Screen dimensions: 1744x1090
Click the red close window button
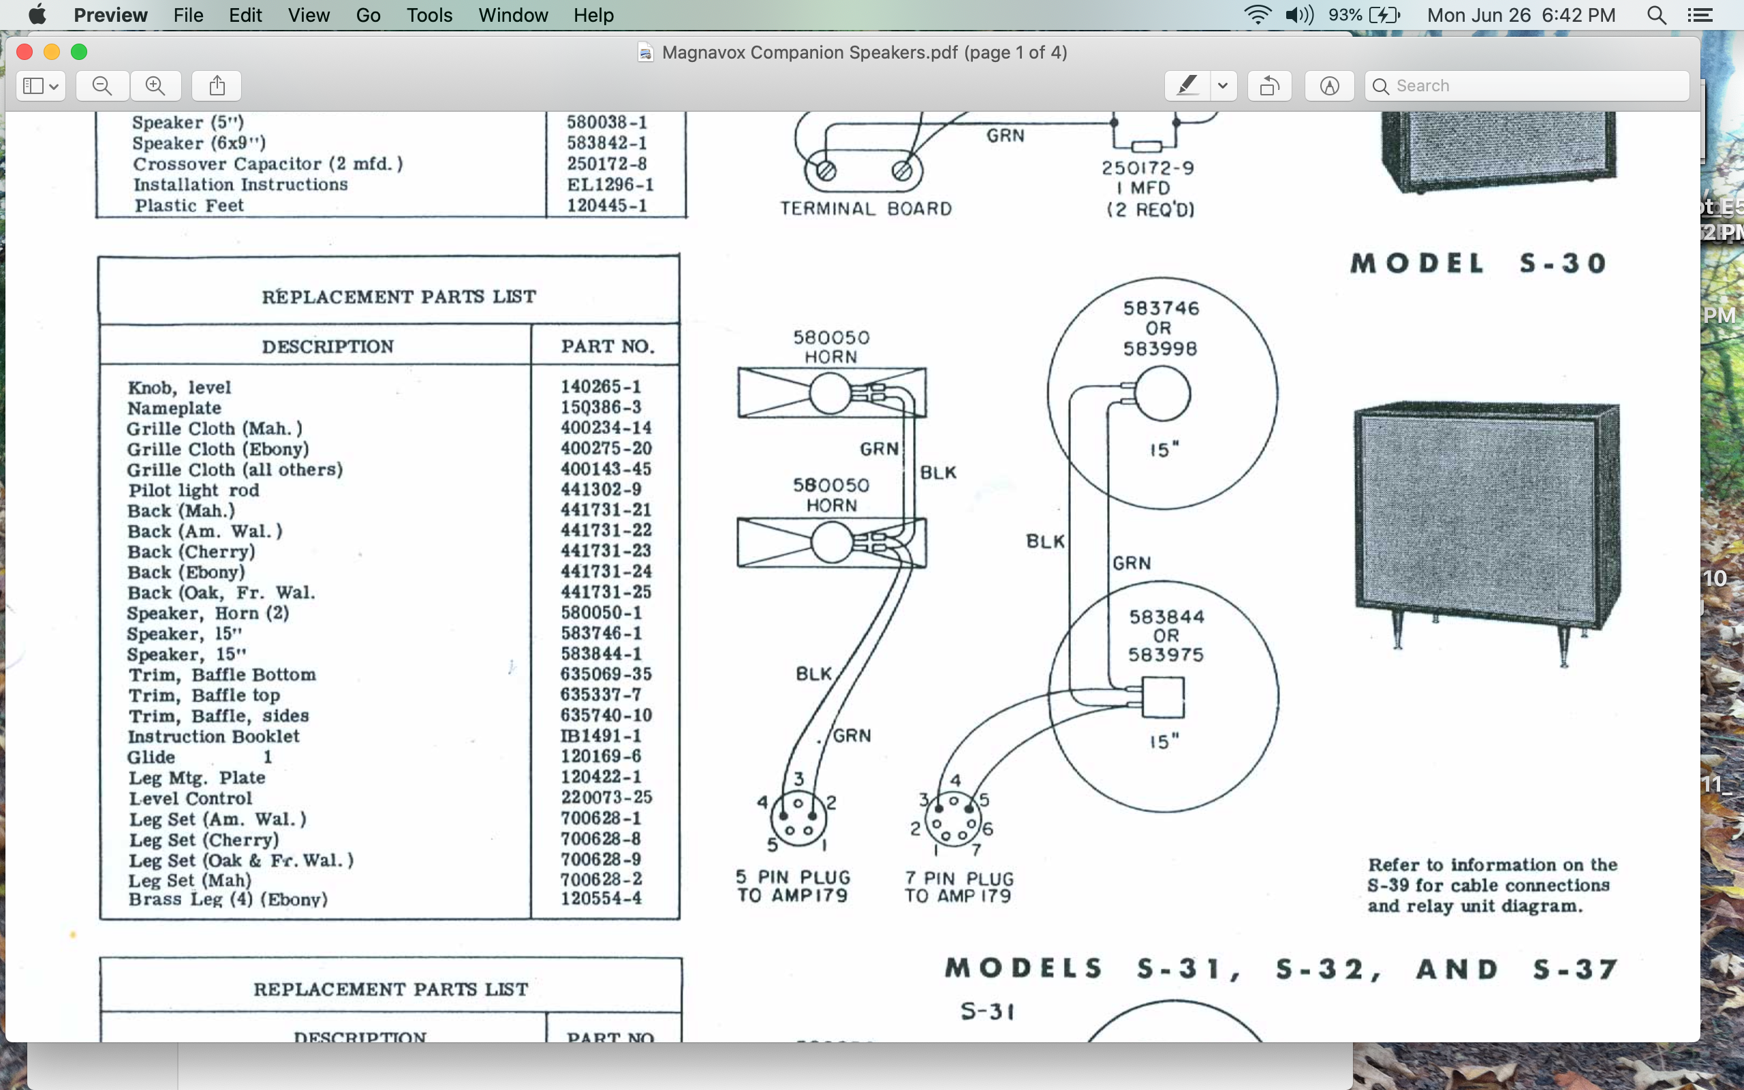click(25, 52)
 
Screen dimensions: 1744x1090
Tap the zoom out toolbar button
click(102, 86)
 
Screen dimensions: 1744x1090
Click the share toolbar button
click(217, 86)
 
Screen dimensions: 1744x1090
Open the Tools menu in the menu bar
click(429, 15)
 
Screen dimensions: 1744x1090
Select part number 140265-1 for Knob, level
click(600, 386)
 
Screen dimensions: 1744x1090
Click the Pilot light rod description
click(193, 490)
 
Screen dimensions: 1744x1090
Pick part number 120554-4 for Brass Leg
click(601, 899)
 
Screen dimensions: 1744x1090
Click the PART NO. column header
click(608, 346)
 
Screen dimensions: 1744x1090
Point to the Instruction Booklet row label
click(213, 736)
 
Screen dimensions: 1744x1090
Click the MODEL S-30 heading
click(1479, 263)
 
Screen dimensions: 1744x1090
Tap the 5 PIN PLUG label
click(793, 877)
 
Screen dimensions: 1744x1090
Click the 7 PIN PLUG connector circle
click(952, 820)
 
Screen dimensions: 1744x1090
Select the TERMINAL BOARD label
click(865, 208)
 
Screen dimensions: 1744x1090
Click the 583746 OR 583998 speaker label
click(1160, 328)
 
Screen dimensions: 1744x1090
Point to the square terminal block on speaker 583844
click(1163, 697)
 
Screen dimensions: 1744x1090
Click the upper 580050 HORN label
click(831, 347)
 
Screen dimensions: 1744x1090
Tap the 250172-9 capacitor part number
click(1147, 168)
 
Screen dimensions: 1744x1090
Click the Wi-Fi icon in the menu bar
click(1258, 15)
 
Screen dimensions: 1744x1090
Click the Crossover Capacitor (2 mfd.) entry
click(267, 163)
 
